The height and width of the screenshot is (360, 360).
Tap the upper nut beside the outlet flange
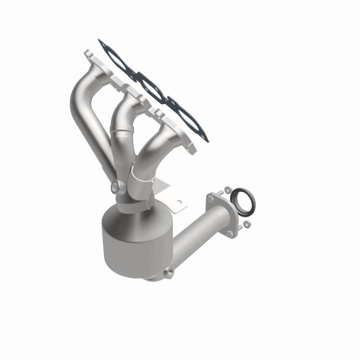[x=228, y=189]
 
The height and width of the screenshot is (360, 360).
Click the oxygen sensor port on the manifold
[x=116, y=186]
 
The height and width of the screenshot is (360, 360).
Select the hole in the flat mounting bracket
[x=180, y=202]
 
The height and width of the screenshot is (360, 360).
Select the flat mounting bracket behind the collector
[x=173, y=198]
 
